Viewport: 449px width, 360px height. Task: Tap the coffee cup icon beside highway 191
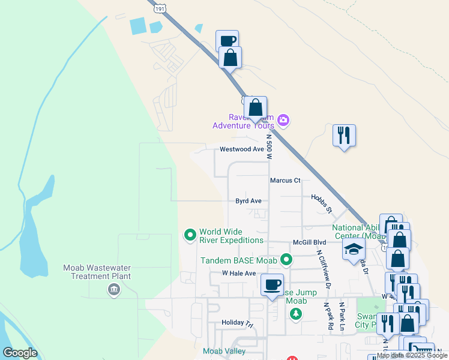click(228, 41)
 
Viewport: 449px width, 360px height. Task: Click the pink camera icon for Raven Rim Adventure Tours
click(283, 121)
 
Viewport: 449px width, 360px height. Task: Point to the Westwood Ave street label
click(242, 149)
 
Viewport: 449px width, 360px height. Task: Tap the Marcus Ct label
click(285, 180)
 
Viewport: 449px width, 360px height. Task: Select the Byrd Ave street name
click(248, 201)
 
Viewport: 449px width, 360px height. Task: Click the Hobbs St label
click(321, 203)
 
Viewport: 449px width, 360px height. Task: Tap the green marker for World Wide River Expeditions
click(190, 235)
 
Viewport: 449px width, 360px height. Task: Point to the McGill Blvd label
click(309, 242)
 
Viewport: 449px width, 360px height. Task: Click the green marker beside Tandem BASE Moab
click(287, 260)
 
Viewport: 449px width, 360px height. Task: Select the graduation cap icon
click(354, 250)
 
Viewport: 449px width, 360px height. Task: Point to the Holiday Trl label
click(238, 323)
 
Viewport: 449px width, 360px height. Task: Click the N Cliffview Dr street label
click(324, 269)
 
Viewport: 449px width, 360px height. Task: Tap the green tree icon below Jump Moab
click(295, 314)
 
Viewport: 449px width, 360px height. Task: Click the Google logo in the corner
click(20, 353)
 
